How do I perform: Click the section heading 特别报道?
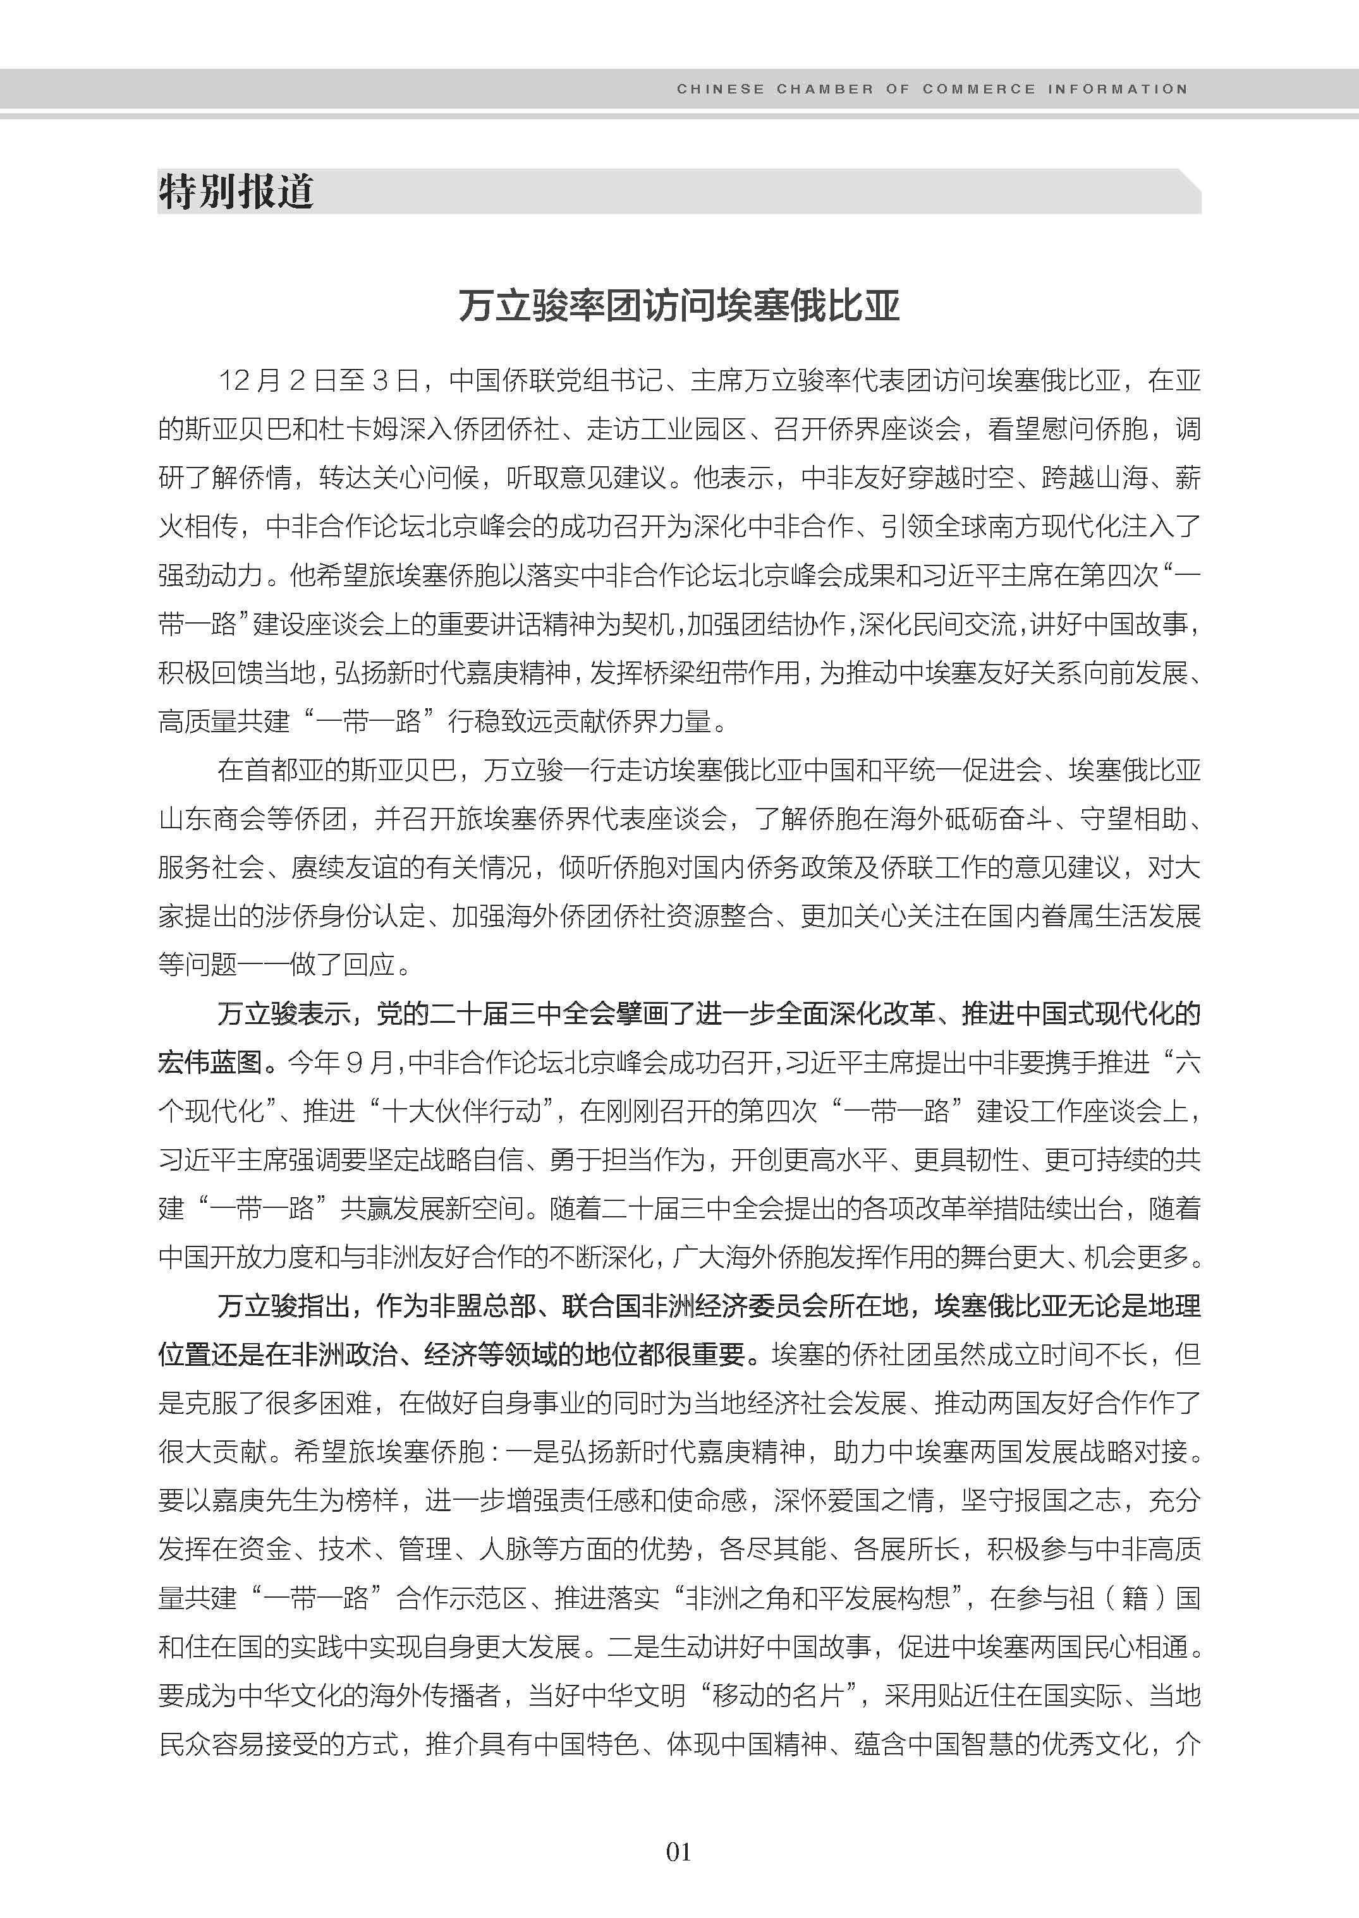click(235, 191)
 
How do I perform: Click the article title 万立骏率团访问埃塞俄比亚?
click(679, 306)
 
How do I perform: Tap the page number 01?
click(679, 1851)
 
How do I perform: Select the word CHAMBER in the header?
click(824, 88)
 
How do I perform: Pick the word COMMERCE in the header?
click(978, 88)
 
